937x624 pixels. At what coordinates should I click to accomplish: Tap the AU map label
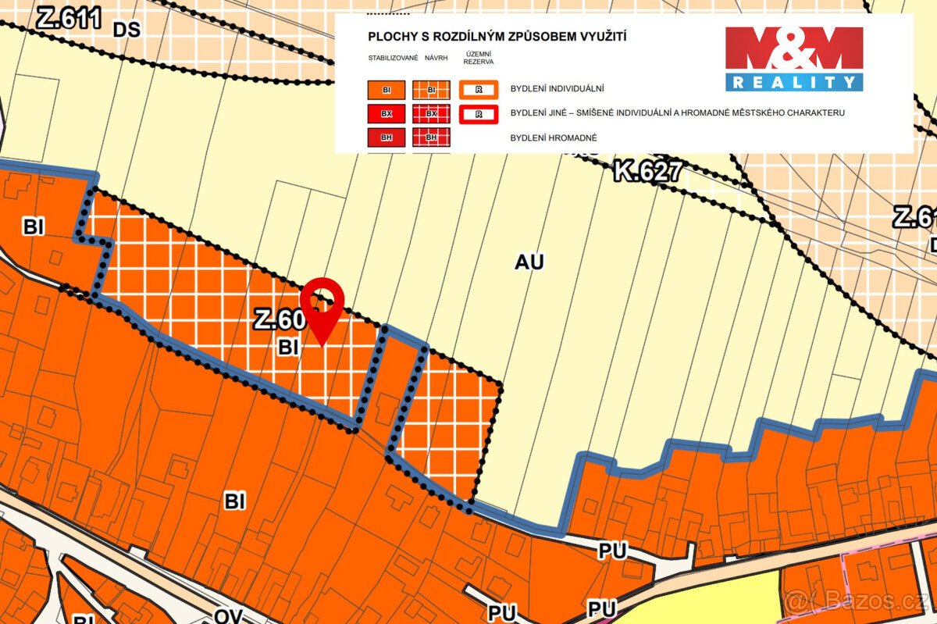click(x=529, y=262)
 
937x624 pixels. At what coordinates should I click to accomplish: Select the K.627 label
click(x=647, y=171)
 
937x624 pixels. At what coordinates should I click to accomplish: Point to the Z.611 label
click(x=69, y=17)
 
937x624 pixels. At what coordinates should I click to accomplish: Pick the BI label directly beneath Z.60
click(x=288, y=348)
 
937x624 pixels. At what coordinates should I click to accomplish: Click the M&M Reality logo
click(x=793, y=59)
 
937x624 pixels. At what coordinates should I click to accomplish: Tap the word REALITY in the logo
click(x=793, y=82)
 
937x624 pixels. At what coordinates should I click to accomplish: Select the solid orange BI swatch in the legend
click(x=387, y=91)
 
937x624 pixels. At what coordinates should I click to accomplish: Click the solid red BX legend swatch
click(x=387, y=114)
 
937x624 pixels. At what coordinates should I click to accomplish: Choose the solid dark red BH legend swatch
click(x=387, y=138)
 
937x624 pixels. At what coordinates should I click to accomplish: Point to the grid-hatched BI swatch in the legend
click(x=432, y=91)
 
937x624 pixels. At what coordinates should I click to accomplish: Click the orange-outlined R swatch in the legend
click(x=479, y=91)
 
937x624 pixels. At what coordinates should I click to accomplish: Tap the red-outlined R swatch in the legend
click(x=479, y=114)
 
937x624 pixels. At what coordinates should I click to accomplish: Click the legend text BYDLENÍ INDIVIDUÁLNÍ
click(x=557, y=90)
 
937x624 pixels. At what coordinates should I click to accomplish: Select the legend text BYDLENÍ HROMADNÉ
click(x=554, y=137)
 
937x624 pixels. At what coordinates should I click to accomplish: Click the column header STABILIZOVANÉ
click(x=394, y=58)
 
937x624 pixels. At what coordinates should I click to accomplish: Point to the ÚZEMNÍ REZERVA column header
click(x=478, y=56)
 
